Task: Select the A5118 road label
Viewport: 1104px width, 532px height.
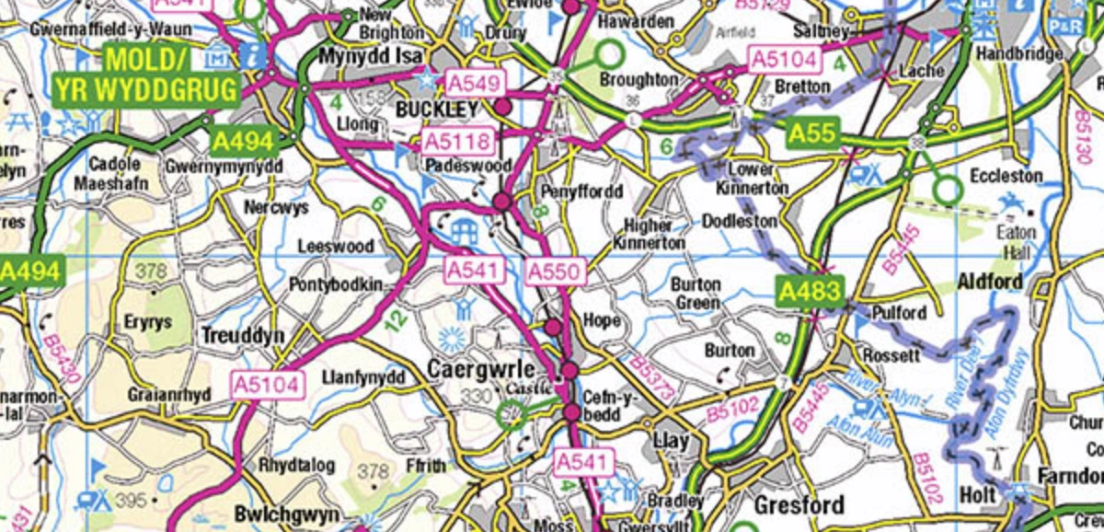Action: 458,142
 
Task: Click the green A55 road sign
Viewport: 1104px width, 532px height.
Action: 813,134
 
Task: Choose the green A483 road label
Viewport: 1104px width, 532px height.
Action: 810,293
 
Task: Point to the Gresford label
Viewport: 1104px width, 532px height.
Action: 799,505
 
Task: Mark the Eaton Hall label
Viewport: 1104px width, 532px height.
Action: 1017,242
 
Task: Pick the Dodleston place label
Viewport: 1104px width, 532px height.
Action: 740,222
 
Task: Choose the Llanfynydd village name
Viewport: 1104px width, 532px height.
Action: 363,377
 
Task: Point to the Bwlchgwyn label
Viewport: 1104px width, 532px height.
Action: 275,514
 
